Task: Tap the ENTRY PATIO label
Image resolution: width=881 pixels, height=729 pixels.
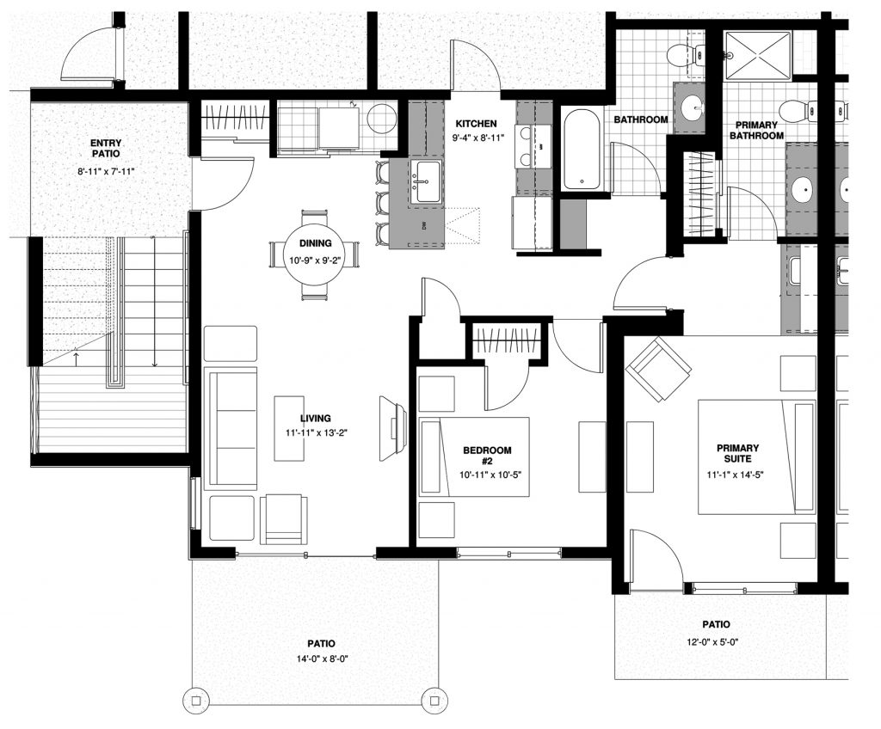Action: coord(106,148)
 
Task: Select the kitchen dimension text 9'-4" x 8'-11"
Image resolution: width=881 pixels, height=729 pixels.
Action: coord(475,137)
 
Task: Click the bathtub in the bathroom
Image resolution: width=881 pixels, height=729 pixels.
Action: coord(581,149)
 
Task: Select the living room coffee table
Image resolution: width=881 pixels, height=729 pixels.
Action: coord(289,428)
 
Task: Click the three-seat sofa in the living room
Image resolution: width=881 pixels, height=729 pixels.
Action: coord(232,427)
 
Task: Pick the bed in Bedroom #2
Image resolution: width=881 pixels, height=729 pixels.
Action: coord(474,456)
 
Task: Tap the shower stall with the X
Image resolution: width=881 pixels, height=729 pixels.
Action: coord(757,56)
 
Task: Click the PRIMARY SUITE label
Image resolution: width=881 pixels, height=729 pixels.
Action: coord(737,453)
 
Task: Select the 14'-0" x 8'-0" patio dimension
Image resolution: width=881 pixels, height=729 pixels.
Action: coord(322,659)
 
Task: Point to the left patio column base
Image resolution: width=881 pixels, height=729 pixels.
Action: coord(196,701)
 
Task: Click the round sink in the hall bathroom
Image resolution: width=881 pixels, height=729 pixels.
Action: coord(691,107)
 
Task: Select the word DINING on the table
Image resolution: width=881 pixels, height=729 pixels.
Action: coord(315,243)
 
